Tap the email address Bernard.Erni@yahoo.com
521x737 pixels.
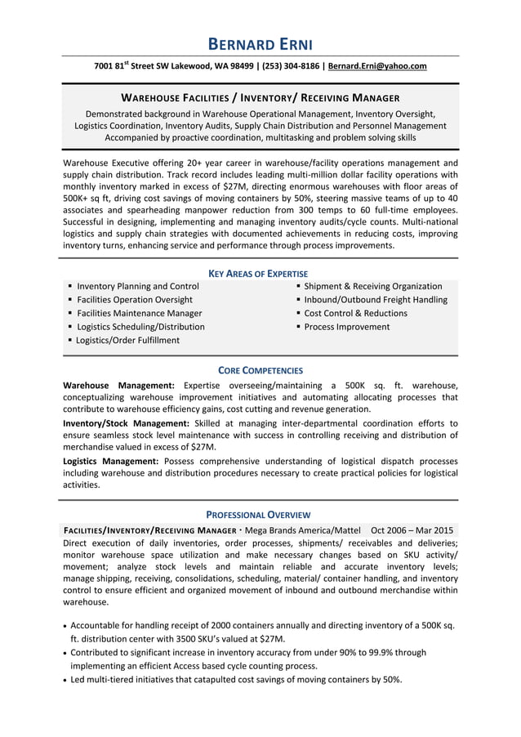pos(378,66)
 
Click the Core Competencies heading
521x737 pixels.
pos(260,370)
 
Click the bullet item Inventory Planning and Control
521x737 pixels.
pos(137,286)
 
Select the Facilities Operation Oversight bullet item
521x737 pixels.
pos(134,300)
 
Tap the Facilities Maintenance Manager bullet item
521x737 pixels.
pos(139,313)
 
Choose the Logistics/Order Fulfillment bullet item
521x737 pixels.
pos(127,340)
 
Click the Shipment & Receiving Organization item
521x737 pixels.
pos(373,286)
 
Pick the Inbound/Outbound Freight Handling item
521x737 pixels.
pos(376,300)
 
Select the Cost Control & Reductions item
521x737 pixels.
pos(355,313)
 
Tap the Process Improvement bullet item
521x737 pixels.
pos(347,327)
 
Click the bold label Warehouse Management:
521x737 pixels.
pos(118,385)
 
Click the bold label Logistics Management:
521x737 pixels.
pos(110,461)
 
